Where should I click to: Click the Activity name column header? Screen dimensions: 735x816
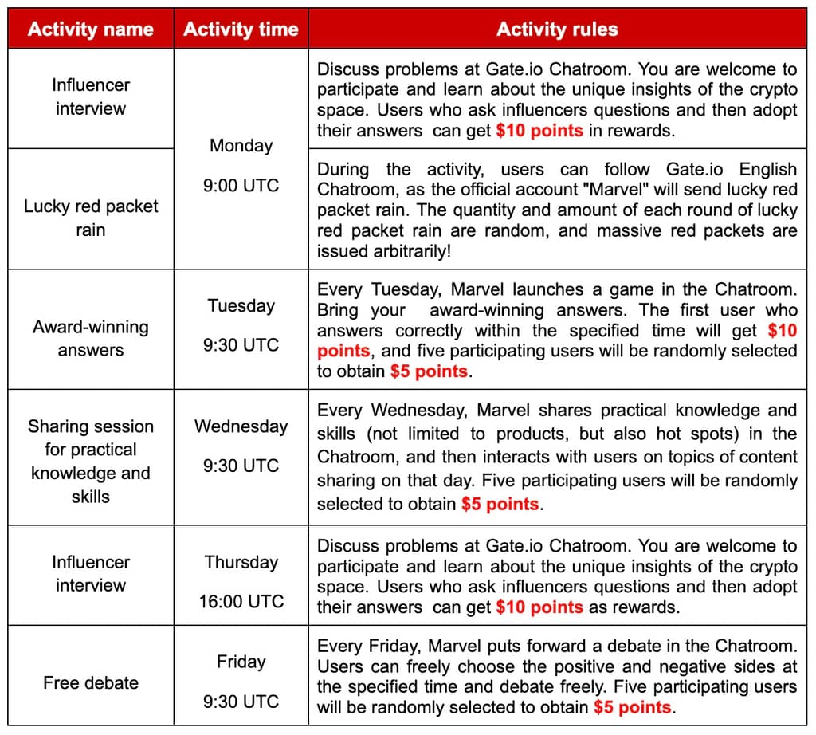point(90,30)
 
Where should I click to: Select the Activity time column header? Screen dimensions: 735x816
point(241,30)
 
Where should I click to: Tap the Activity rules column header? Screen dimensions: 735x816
point(557,30)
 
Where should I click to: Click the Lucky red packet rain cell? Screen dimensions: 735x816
point(90,218)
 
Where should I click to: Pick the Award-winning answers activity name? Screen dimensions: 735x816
point(90,338)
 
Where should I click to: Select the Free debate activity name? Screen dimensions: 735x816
point(90,683)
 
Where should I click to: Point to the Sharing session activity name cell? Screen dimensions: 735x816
point(90,461)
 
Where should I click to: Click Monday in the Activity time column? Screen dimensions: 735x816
point(241,146)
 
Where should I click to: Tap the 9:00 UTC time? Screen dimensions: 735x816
point(241,186)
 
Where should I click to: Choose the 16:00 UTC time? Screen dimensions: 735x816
point(241,601)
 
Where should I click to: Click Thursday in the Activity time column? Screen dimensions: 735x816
point(241,562)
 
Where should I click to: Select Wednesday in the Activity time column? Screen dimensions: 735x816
point(241,426)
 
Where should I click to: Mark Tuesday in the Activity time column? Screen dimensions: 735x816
point(241,305)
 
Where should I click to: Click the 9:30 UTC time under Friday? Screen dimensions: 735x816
point(241,702)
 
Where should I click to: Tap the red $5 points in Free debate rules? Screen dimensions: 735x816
point(633,707)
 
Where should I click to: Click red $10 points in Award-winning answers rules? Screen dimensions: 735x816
point(781,331)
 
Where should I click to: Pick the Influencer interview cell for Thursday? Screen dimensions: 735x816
point(90,573)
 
